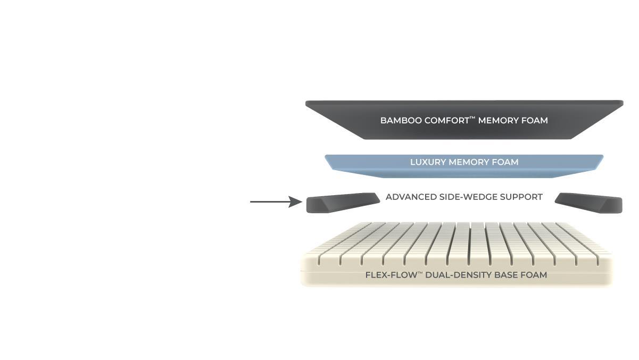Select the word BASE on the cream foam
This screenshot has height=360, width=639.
coord(507,275)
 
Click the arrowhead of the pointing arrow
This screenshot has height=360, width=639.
coord(296,202)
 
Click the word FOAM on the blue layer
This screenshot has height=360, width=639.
coord(505,162)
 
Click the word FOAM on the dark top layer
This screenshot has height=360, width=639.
coord(535,121)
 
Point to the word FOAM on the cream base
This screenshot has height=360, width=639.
coord(534,275)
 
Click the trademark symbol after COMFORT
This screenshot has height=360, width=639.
coord(472,118)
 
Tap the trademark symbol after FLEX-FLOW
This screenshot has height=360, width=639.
coord(419,272)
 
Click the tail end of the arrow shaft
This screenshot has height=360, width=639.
coord(252,202)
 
